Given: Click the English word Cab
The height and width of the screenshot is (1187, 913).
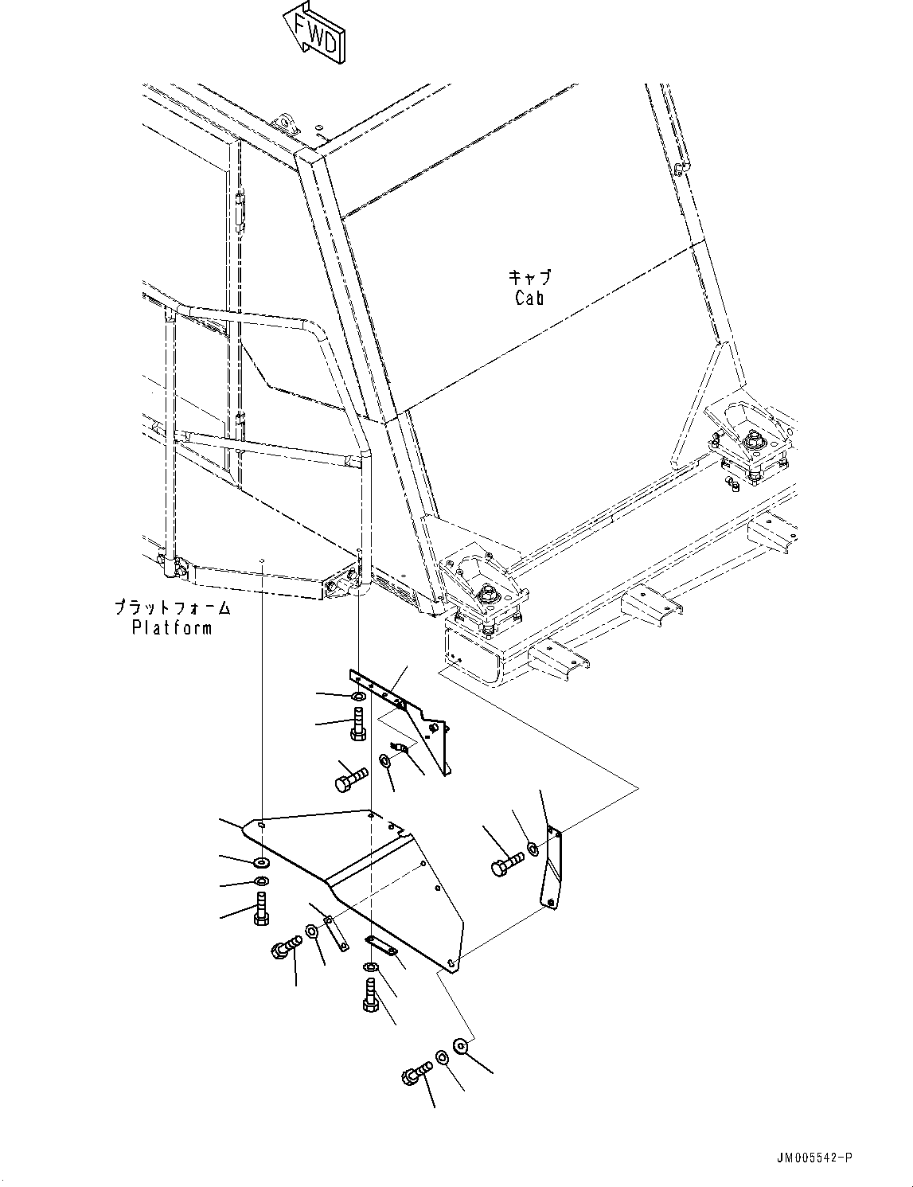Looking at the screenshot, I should coord(529,299).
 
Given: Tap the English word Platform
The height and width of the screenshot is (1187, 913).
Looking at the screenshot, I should coord(172,628).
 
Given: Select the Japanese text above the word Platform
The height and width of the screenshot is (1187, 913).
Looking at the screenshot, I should coord(172,608).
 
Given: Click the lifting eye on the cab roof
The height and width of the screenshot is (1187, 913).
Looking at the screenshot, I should coord(285,124).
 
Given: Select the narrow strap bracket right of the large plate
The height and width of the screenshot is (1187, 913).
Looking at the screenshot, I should coord(552,868).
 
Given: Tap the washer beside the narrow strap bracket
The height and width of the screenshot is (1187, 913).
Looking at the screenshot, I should coord(533,849).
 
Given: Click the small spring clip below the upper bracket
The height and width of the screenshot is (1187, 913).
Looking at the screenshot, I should coord(403,748).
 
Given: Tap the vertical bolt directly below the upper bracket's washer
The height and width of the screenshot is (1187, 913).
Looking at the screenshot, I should coord(358,724).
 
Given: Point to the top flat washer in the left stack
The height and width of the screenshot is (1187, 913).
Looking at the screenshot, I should coord(261,862).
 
